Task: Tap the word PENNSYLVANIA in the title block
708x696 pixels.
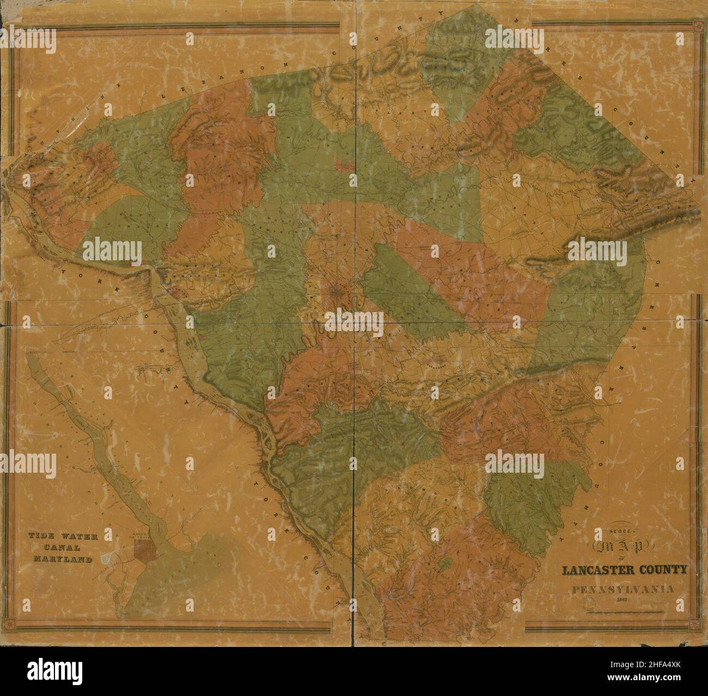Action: (x=622, y=589)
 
